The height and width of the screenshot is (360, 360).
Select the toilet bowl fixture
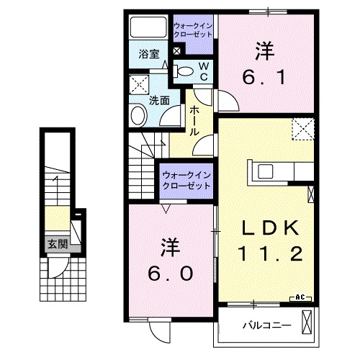[184, 71]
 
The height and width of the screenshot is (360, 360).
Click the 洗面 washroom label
[159, 101]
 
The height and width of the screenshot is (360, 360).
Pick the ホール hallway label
[194, 120]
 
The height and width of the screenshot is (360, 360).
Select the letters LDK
[269, 228]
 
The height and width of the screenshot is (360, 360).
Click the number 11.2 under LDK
[269, 253]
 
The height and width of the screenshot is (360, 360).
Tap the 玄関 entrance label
[58, 245]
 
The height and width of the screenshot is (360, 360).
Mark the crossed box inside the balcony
[308, 320]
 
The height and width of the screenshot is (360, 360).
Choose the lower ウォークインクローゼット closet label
[185, 179]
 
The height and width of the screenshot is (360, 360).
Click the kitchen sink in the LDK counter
[264, 171]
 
